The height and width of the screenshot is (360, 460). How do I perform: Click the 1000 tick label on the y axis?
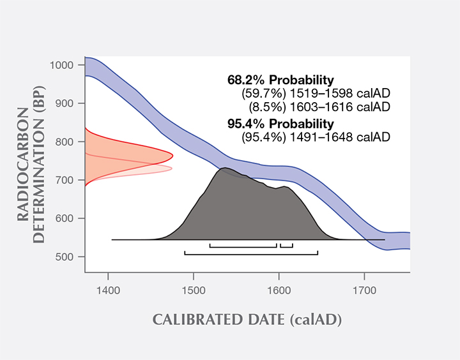[64, 65]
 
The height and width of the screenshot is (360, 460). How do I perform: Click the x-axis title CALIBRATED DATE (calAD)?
[247, 320]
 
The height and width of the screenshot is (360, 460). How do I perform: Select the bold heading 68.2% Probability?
[280, 80]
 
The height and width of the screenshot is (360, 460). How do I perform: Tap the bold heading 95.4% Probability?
[280, 123]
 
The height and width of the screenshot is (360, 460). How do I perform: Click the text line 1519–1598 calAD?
[316, 94]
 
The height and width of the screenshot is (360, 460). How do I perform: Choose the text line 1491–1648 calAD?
[316, 137]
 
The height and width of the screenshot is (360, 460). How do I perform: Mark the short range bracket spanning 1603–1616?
[286, 245]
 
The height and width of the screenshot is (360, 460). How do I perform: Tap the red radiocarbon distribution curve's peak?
[172, 155]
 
